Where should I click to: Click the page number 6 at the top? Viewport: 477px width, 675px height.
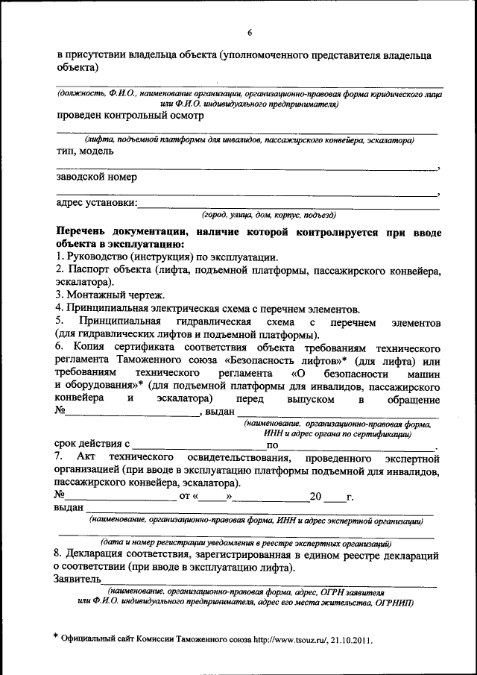click(x=250, y=31)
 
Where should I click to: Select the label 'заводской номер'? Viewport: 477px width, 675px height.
click(x=96, y=178)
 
